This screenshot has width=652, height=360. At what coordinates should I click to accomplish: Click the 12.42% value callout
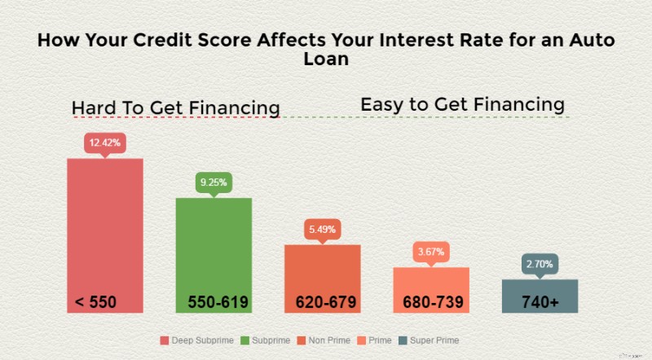pyautogui.click(x=104, y=143)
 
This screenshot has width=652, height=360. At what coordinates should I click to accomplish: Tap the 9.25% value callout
pyautogui.click(x=214, y=183)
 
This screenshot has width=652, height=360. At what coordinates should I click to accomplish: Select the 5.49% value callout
pyautogui.click(x=322, y=230)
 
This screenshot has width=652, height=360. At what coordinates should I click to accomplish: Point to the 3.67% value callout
pyautogui.click(x=430, y=252)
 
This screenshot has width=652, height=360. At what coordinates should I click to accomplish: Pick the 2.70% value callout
pyautogui.click(x=540, y=265)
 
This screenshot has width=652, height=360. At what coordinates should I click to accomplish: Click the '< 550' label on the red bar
pyautogui.click(x=96, y=302)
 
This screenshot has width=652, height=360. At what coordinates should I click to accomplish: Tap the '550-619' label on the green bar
pyautogui.click(x=218, y=302)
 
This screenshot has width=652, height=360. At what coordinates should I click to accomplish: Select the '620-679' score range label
pyautogui.click(x=326, y=302)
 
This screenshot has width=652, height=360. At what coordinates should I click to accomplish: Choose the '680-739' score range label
pyautogui.click(x=434, y=302)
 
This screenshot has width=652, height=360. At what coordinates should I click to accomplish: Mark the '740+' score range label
pyautogui.click(x=540, y=302)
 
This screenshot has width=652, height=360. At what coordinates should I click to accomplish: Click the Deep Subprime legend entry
pyautogui.click(x=199, y=340)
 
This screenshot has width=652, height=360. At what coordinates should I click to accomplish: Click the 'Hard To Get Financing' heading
pyautogui.click(x=176, y=108)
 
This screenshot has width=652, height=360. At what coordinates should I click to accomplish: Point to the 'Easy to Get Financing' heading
pyautogui.click(x=462, y=104)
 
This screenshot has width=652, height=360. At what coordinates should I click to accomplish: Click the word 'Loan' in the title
pyautogui.click(x=326, y=61)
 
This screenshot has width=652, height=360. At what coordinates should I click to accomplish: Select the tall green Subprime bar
pyautogui.click(x=214, y=244)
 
